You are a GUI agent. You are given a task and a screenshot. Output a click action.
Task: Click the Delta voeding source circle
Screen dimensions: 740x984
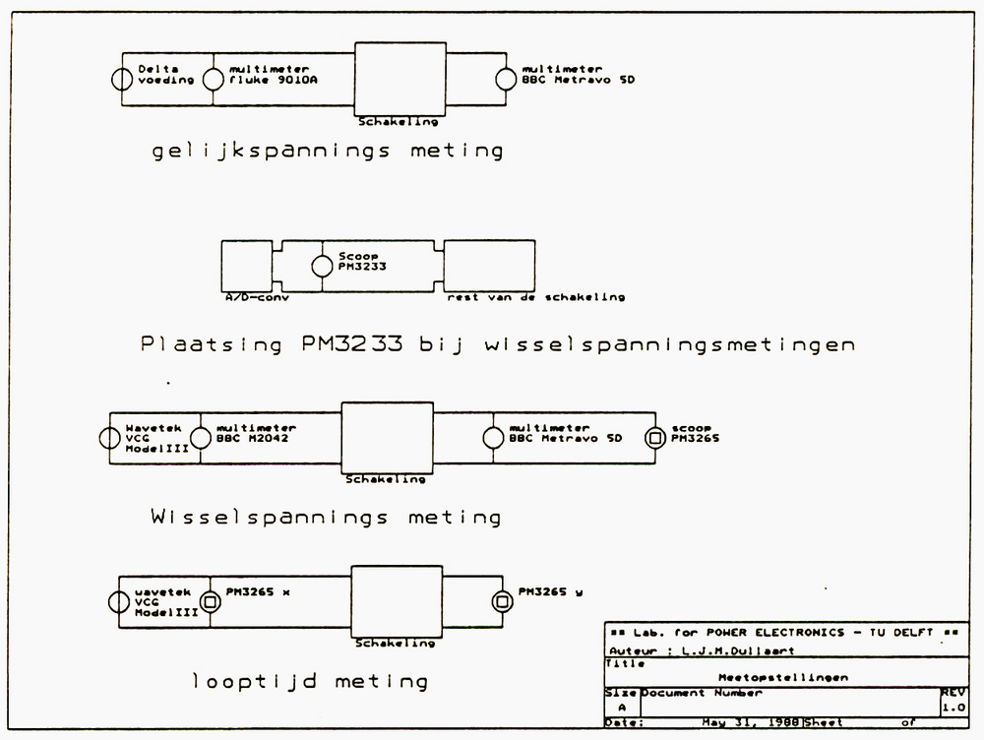coord(122,80)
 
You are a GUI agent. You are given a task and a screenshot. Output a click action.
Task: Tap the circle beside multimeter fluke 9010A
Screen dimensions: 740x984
coord(214,80)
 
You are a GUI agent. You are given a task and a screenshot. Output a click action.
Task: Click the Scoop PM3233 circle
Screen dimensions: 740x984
coord(321,266)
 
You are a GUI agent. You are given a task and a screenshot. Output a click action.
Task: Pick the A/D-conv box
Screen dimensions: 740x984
coord(246,265)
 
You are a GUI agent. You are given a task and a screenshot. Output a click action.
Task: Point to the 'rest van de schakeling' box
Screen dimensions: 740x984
coord(489,265)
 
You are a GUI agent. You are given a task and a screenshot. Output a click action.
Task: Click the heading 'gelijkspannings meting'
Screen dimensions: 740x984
coord(328,152)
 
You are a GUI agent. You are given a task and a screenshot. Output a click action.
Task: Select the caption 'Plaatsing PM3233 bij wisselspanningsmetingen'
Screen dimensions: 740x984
coord(497,344)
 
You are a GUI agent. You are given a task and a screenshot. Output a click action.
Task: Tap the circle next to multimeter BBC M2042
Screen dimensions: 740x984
coord(200,439)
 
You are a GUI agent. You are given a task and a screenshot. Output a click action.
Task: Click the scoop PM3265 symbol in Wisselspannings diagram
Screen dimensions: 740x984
coord(653,439)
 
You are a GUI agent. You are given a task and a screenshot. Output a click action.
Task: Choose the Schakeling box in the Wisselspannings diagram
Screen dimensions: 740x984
coord(387,438)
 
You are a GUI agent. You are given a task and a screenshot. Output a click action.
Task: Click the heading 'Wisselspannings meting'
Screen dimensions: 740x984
coord(326,517)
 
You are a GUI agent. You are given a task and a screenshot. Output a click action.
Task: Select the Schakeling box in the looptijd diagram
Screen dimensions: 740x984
coord(396,600)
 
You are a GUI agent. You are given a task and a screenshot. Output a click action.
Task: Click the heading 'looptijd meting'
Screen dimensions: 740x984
coord(310,681)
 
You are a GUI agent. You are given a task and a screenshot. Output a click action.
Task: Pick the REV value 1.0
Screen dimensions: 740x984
coord(953,707)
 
